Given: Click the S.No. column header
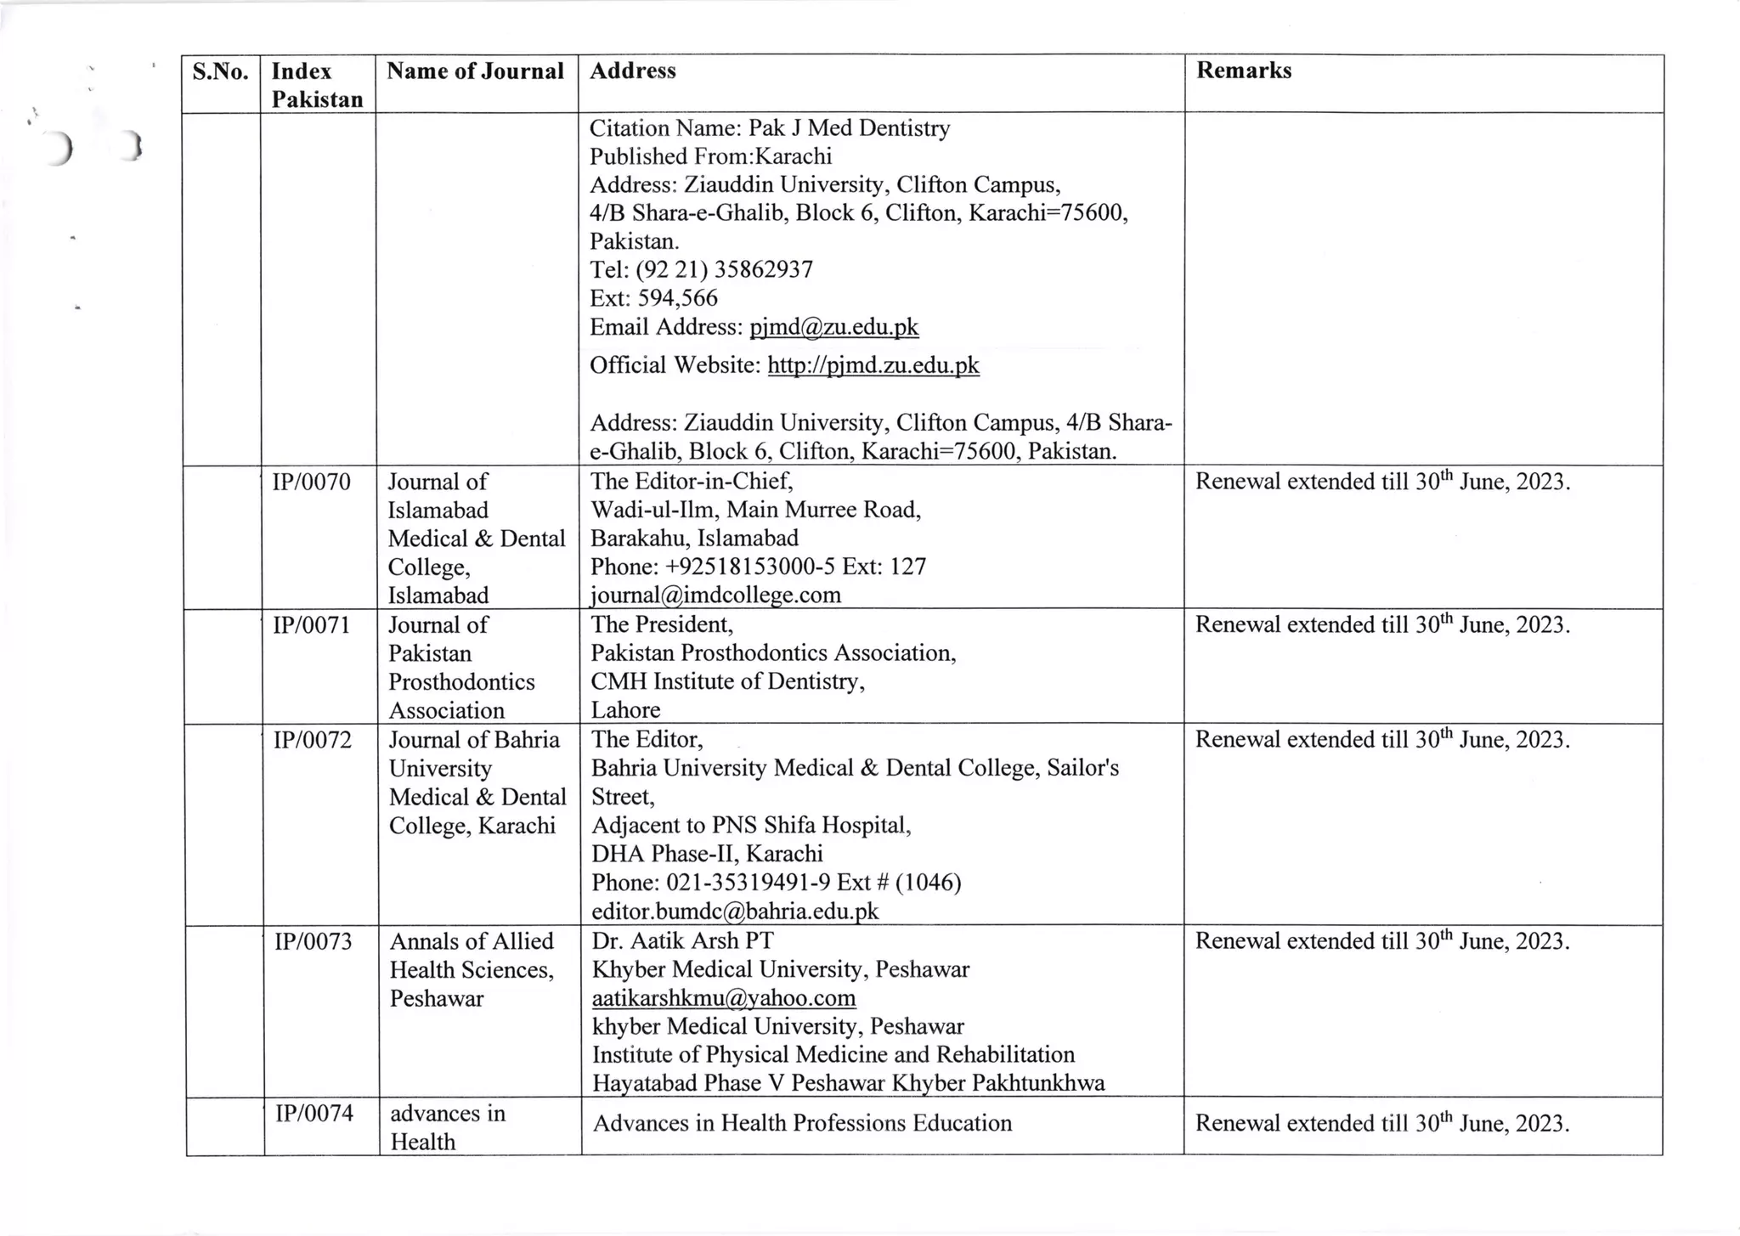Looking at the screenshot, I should [x=220, y=71].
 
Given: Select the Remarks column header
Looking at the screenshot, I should [x=1243, y=71].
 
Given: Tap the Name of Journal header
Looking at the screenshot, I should [x=475, y=71].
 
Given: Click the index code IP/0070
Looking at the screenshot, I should [x=311, y=483].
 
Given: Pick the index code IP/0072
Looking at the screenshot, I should [x=312, y=740].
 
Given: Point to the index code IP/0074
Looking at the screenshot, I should [x=314, y=1113].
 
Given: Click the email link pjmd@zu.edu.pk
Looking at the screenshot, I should [x=833, y=327].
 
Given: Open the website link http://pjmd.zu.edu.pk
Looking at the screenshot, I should [x=873, y=365].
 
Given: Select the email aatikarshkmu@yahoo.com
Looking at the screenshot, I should [x=724, y=998].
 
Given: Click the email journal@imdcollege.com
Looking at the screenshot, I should [x=715, y=595].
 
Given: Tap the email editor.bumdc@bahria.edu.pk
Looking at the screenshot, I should [x=735, y=911].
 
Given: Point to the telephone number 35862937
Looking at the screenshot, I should [x=763, y=270].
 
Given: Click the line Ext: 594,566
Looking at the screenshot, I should [x=653, y=298].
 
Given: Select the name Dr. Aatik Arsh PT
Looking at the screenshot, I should [x=682, y=941].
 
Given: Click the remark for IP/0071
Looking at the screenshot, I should [x=1381, y=625].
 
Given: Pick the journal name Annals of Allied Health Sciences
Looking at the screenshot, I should [x=472, y=956].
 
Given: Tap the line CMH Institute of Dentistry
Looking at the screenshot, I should [x=727, y=681].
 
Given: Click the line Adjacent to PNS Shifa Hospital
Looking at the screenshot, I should [x=751, y=825].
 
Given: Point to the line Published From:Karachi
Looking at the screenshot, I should [x=710, y=156].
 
